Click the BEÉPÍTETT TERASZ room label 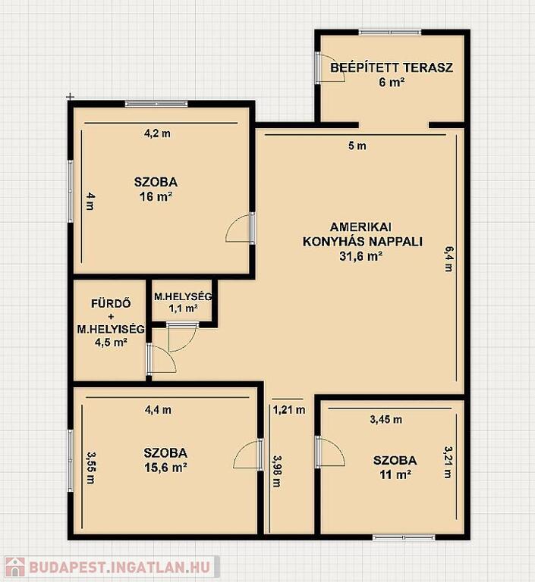coord(392,67)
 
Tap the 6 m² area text coord(392,82)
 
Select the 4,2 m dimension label coord(157,133)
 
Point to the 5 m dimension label coord(357,145)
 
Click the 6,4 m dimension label coord(448,258)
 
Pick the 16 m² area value coord(156,196)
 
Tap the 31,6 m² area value coord(361,256)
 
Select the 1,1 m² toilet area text coord(183,308)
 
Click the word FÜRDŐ coord(111,304)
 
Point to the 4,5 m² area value coord(111,342)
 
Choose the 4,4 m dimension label coord(158,410)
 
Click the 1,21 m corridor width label coord(289,410)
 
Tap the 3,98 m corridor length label coord(277,471)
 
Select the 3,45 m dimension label coord(386,420)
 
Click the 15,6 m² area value coord(165,468)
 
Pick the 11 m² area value coord(395,474)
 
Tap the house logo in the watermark coord(15,568)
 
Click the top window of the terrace coord(390,33)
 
